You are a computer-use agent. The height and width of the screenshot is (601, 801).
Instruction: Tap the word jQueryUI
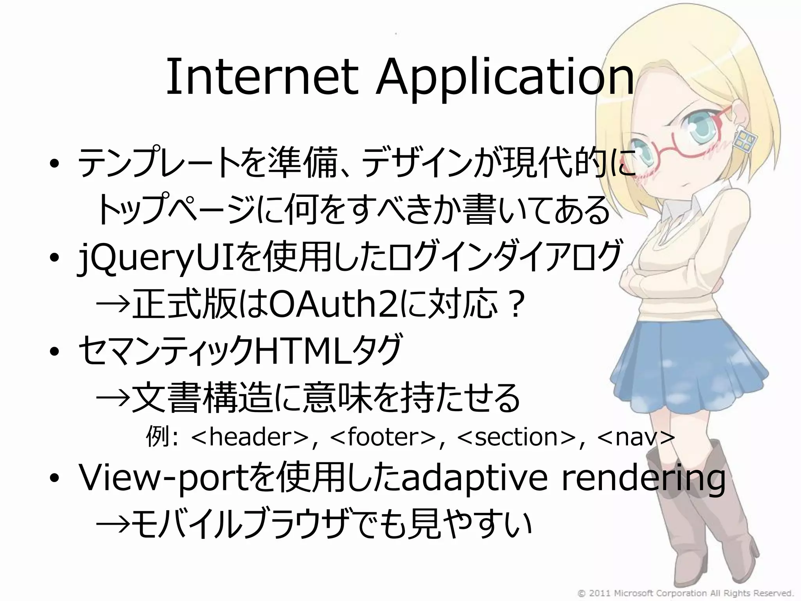coord(156,258)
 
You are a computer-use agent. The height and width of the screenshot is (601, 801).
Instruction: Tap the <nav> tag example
coord(636,437)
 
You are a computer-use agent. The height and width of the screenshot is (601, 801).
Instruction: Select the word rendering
coord(643,479)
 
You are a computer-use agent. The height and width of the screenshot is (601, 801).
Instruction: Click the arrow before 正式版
coord(113,305)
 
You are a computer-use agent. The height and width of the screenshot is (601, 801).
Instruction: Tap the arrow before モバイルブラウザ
coord(113,524)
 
